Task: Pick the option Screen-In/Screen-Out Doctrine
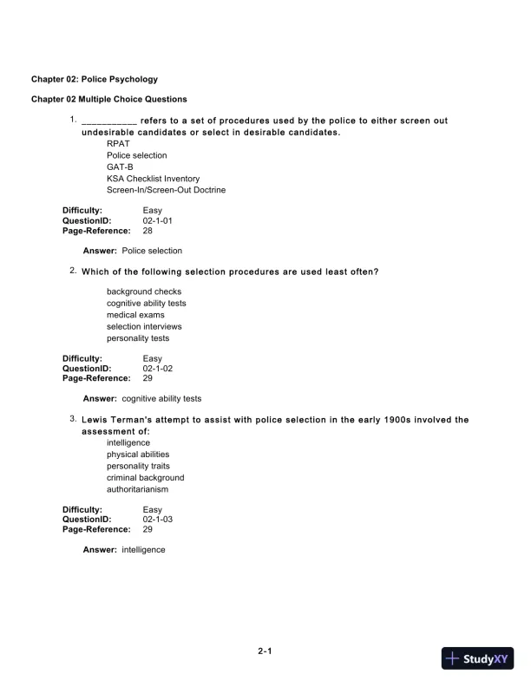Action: pos(166,190)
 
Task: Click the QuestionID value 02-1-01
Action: pos(158,221)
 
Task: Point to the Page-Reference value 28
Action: pos(147,232)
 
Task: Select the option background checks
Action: pos(144,291)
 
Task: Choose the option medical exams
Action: pos(135,315)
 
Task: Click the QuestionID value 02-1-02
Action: pos(158,369)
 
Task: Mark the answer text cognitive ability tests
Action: pos(161,399)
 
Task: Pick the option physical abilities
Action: pos(138,454)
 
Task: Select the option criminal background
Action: pos(145,477)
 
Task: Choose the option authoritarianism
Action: pos(137,489)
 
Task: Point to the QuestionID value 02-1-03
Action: pos(158,520)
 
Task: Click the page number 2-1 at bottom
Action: pos(265,651)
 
